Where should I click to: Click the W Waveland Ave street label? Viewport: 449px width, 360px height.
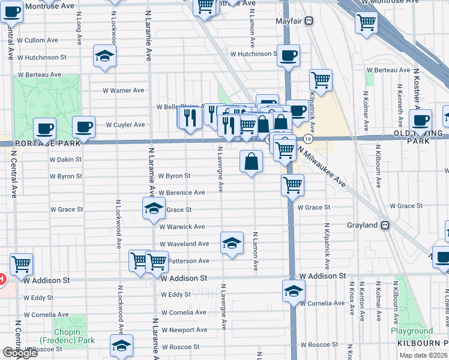tap(184, 244)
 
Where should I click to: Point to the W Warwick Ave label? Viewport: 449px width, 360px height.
tap(182, 227)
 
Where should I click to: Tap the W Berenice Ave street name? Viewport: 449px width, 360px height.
tap(182, 193)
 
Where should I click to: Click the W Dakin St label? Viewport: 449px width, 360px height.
tap(65, 160)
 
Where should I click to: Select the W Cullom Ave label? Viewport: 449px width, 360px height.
tap(38, 40)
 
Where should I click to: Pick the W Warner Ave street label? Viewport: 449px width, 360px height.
tap(122, 91)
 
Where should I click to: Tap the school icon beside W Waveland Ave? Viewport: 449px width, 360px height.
tap(232, 243)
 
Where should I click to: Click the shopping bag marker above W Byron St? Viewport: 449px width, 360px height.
tap(251, 161)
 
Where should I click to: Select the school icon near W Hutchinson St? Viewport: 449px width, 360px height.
tap(104, 56)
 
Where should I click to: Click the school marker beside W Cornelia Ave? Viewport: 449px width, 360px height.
tap(294, 291)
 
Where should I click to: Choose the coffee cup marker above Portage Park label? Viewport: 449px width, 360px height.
tap(44, 128)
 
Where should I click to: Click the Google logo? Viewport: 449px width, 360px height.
tap(20, 353)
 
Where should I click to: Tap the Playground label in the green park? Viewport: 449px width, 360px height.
tap(412, 331)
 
